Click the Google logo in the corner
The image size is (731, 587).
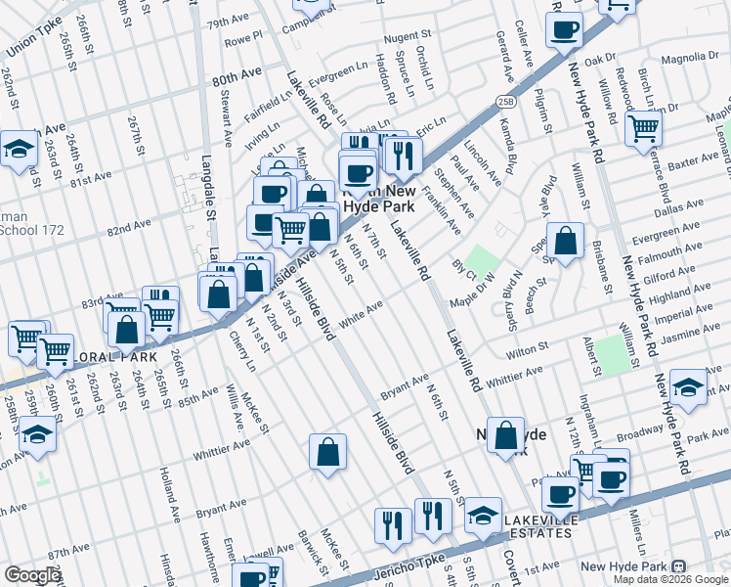pos(31,575)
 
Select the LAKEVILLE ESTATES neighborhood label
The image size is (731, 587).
pos(537,525)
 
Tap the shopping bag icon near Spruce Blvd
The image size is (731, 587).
pos(565,241)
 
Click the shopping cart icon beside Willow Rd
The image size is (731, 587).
pos(643,128)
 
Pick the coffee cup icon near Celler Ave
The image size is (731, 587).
pos(565,31)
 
